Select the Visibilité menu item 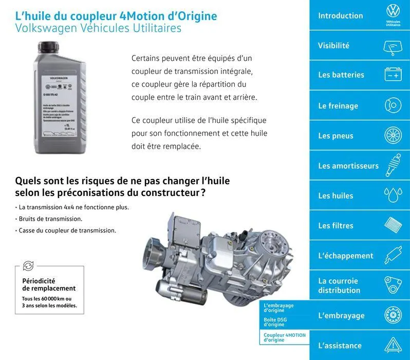(x=333, y=45)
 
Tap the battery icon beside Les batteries (x=393, y=75)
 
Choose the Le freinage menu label (x=338, y=106)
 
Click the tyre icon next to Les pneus (x=393, y=136)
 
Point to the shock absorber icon (x=393, y=166)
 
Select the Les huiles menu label (x=336, y=195)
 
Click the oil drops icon (x=393, y=195)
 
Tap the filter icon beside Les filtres (x=393, y=225)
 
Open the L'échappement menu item (x=346, y=256)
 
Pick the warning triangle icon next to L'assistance (x=393, y=345)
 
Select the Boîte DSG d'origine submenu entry (x=275, y=322)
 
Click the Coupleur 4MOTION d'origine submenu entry (x=284, y=337)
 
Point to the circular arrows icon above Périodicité (x=28, y=265)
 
